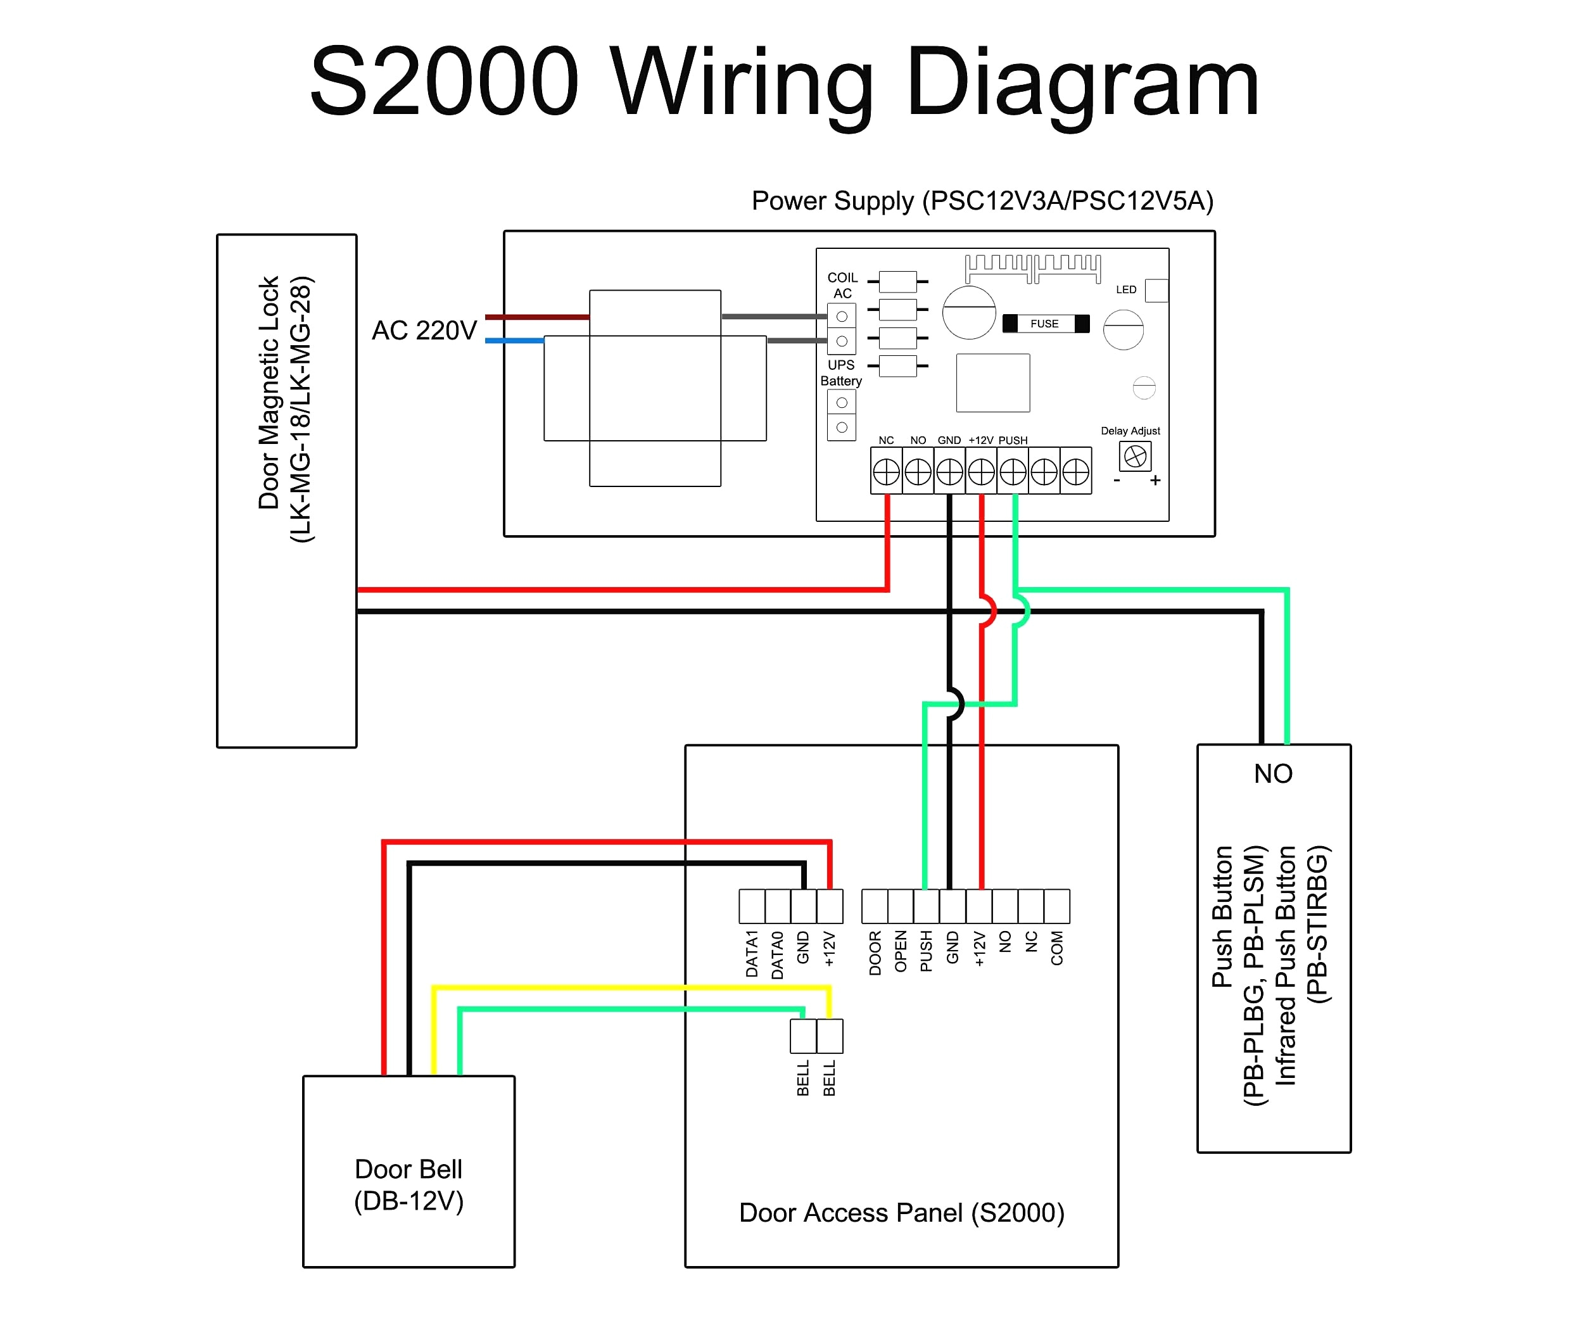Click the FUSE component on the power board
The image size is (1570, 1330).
click(x=1044, y=324)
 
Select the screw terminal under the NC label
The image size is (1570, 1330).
click(x=886, y=472)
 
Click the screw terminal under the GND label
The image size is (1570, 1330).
click(x=949, y=472)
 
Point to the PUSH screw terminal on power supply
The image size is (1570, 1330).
click(x=1013, y=472)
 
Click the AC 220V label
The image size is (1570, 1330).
click(x=424, y=330)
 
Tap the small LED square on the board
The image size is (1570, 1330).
click(x=1155, y=290)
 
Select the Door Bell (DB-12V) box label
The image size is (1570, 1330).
click(x=408, y=1184)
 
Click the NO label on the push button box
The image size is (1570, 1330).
click(x=1273, y=773)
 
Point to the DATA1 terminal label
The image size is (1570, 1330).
click(x=752, y=954)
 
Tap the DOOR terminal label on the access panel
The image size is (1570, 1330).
click(x=875, y=953)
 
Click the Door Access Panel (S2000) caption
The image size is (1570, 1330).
click(x=901, y=1212)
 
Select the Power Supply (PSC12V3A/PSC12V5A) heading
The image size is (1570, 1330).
click(x=982, y=201)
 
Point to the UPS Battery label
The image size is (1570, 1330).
click(x=841, y=372)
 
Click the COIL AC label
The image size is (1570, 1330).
click(x=842, y=285)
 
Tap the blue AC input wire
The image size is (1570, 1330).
click(x=514, y=341)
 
